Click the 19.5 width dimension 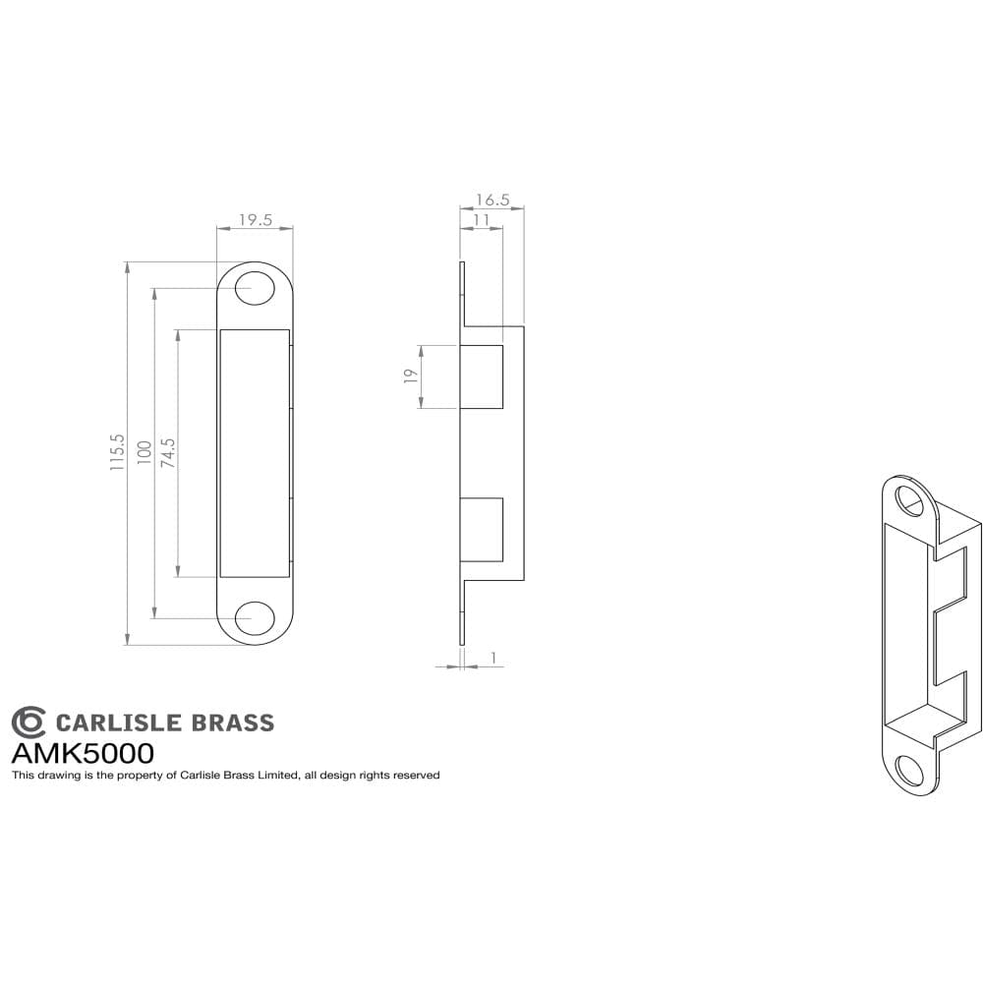pos(255,220)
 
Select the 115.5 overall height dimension pos(117,453)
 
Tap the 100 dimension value pos(144,453)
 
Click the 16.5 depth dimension pos(491,200)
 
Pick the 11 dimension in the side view pos(481,220)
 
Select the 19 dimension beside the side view pos(411,376)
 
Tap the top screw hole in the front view pos(255,287)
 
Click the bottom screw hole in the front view pos(255,618)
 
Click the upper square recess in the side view pos(482,376)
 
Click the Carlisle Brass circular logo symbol pos(29,723)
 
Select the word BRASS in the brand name pos(232,723)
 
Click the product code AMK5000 pos(83,754)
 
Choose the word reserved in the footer pos(415,776)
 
